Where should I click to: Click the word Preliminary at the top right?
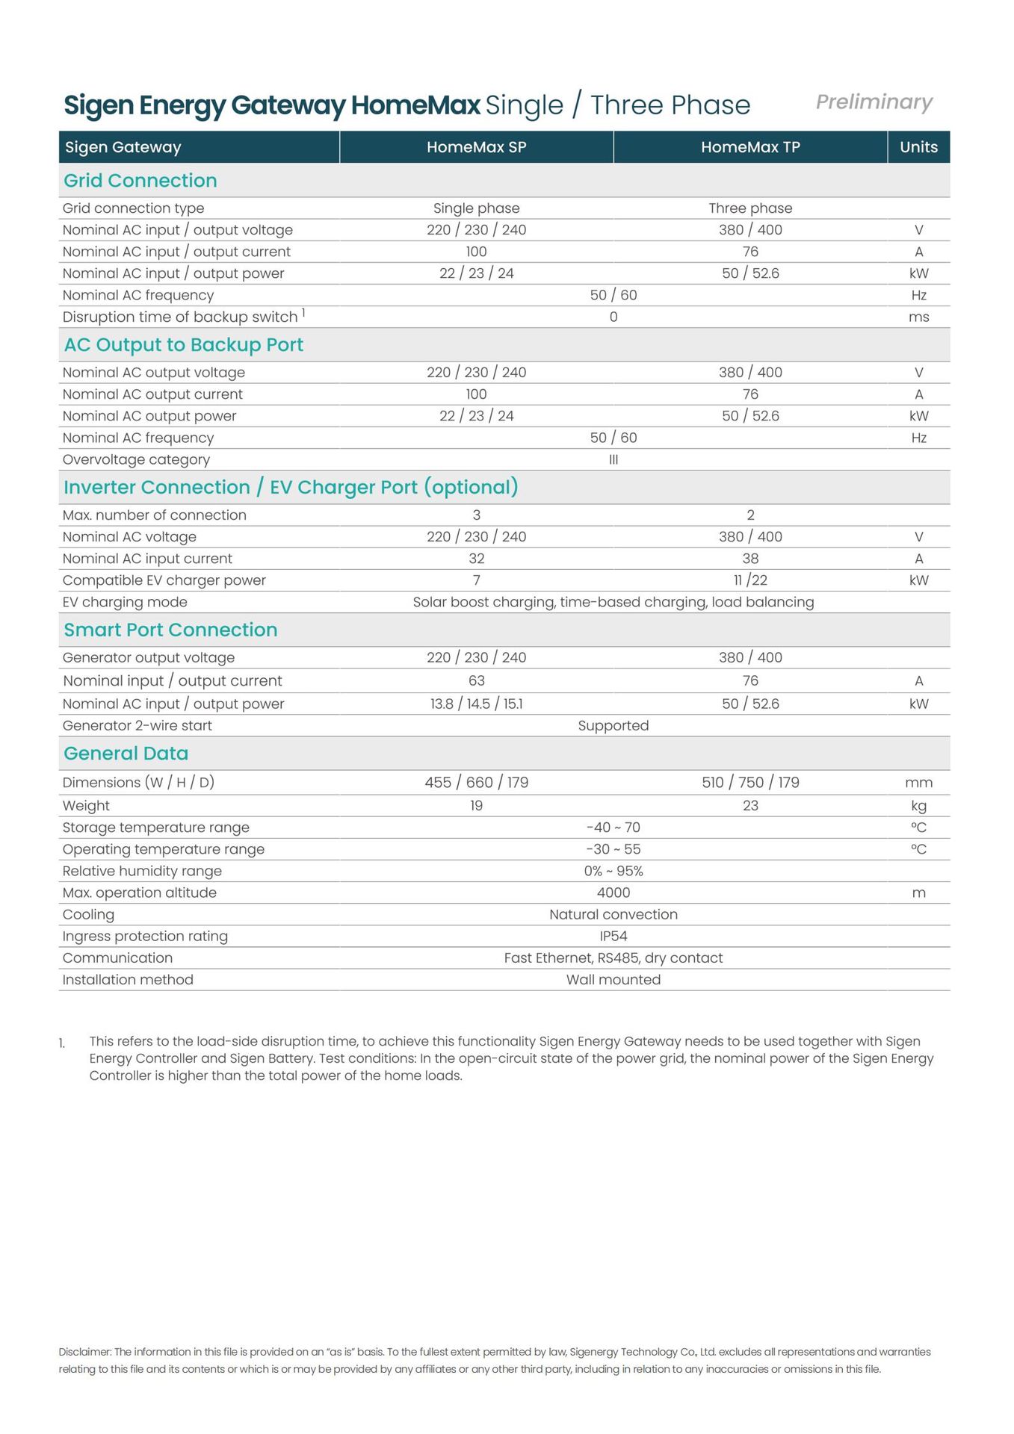click(874, 102)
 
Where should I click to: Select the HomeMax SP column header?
click(476, 147)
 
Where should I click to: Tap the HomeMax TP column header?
click(750, 147)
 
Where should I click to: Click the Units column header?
click(918, 147)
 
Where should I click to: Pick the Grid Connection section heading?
click(140, 181)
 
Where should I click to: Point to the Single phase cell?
click(476, 208)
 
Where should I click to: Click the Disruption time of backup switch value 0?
click(613, 317)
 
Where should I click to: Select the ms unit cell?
click(918, 317)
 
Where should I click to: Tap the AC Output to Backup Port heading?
click(184, 345)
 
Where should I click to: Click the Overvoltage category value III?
click(613, 459)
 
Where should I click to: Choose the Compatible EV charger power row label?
click(164, 580)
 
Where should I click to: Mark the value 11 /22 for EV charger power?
click(750, 580)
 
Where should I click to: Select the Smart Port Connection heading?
click(170, 630)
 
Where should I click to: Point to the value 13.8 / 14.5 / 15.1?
click(476, 704)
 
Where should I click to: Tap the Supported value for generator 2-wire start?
click(613, 725)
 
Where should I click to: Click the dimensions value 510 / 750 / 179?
click(750, 782)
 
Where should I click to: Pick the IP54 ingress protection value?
click(613, 936)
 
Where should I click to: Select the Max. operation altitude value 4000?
click(613, 893)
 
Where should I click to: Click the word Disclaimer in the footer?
click(84, 1352)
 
